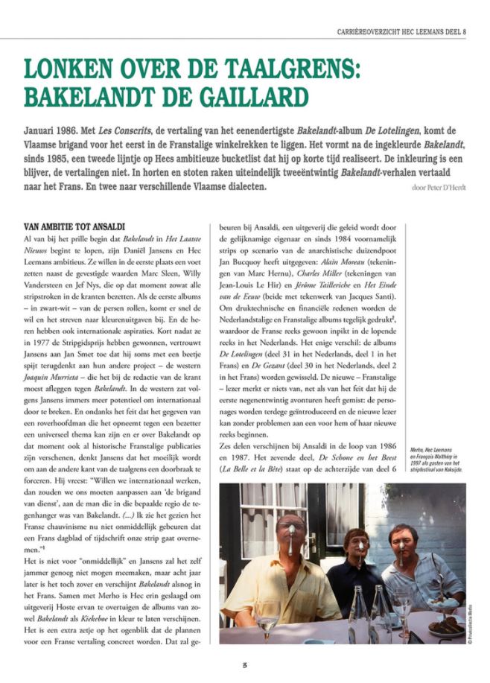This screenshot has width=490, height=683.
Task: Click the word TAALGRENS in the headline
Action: point(283,69)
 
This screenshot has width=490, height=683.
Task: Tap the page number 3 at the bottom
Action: point(244,664)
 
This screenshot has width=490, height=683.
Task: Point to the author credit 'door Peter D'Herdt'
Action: point(439,187)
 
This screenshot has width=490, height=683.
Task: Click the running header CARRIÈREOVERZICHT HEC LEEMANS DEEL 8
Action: point(401,31)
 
